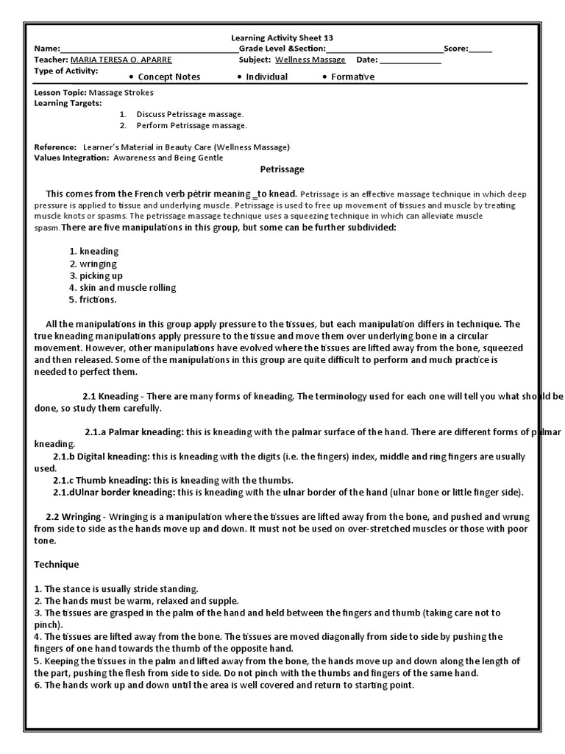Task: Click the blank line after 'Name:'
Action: point(147,49)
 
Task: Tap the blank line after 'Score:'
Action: point(480,49)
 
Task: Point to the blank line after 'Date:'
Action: point(411,60)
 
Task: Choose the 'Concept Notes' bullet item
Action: point(168,77)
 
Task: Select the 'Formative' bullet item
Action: point(352,77)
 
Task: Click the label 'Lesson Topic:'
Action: point(60,94)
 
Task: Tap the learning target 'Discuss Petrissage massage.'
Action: point(189,114)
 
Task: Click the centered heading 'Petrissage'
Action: point(282,169)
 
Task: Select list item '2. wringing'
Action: point(93,264)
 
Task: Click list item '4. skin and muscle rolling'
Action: point(123,288)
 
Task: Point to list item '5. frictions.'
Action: point(93,300)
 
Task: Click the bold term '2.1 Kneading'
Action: point(110,396)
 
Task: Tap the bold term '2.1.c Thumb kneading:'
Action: point(102,480)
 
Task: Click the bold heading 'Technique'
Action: point(57,564)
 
